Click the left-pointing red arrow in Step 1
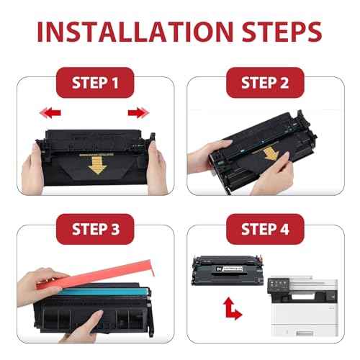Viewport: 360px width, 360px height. point(49,112)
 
